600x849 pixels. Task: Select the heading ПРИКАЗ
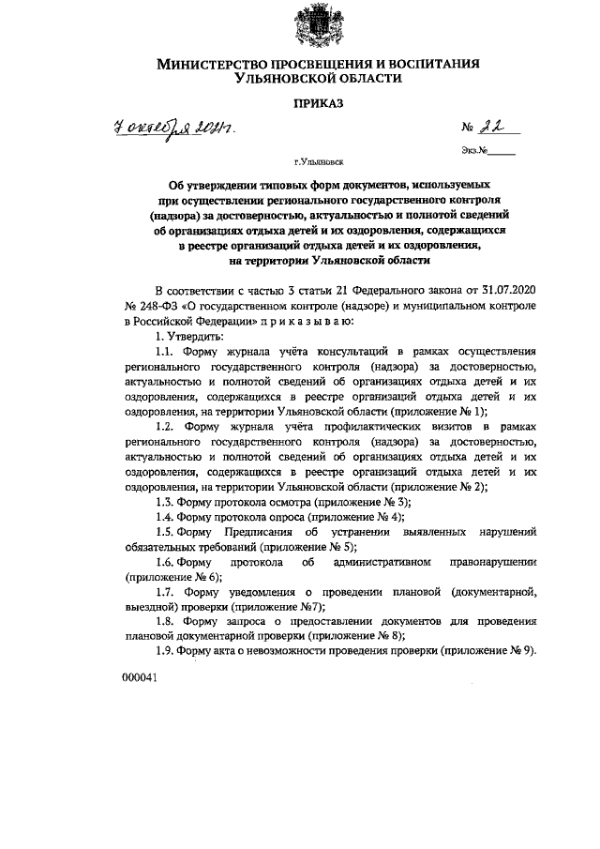tap(318, 105)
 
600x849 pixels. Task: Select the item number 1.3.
tap(166, 502)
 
